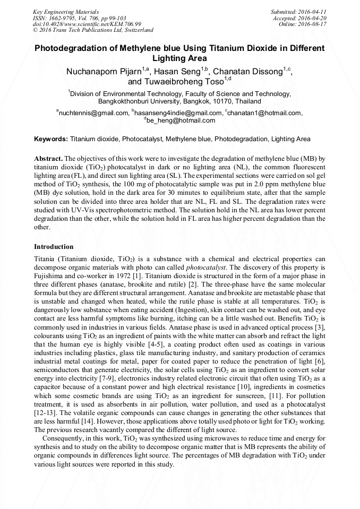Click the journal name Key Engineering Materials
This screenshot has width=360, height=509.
pos(65,11)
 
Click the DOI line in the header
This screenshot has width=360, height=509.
pos(87,24)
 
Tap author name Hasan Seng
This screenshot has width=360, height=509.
pos(181,72)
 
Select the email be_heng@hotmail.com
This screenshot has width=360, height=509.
pos(181,120)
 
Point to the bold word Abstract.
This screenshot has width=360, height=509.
pos(49,158)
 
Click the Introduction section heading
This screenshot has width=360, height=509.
pos(54,247)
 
